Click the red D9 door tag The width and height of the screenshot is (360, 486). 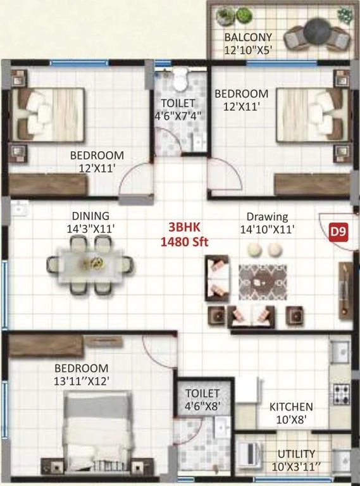pyautogui.click(x=338, y=232)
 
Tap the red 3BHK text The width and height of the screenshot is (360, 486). pyautogui.click(x=184, y=227)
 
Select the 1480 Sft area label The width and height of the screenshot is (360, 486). pyautogui.click(x=184, y=242)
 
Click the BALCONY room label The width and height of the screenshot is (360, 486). pyautogui.click(x=248, y=37)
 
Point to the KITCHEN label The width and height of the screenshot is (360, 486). pyautogui.click(x=291, y=407)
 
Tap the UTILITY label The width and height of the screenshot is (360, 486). pyautogui.click(x=296, y=454)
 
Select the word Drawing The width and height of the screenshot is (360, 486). pyautogui.click(x=267, y=216)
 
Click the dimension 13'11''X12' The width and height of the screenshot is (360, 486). pyautogui.click(x=81, y=381)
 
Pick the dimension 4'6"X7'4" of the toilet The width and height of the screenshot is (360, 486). pyautogui.click(x=178, y=116)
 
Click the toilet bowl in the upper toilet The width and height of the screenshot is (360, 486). pyautogui.click(x=180, y=80)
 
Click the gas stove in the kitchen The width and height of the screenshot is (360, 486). pyautogui.click(x=342, y=394)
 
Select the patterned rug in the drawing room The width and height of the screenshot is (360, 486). pyautogui.click(x=263, y=282)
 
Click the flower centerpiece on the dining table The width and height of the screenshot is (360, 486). pyautogui.click(x=92, y=264)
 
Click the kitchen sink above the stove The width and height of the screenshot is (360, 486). pyautogui.click(x=340, y=352)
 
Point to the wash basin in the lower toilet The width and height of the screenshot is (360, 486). pyautogui.click(x=223, y=427)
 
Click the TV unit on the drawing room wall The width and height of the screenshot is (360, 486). pyautogui.click(x=345, y=290)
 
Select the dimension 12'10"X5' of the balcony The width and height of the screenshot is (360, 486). pyautogui.click(x=248, y=50)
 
